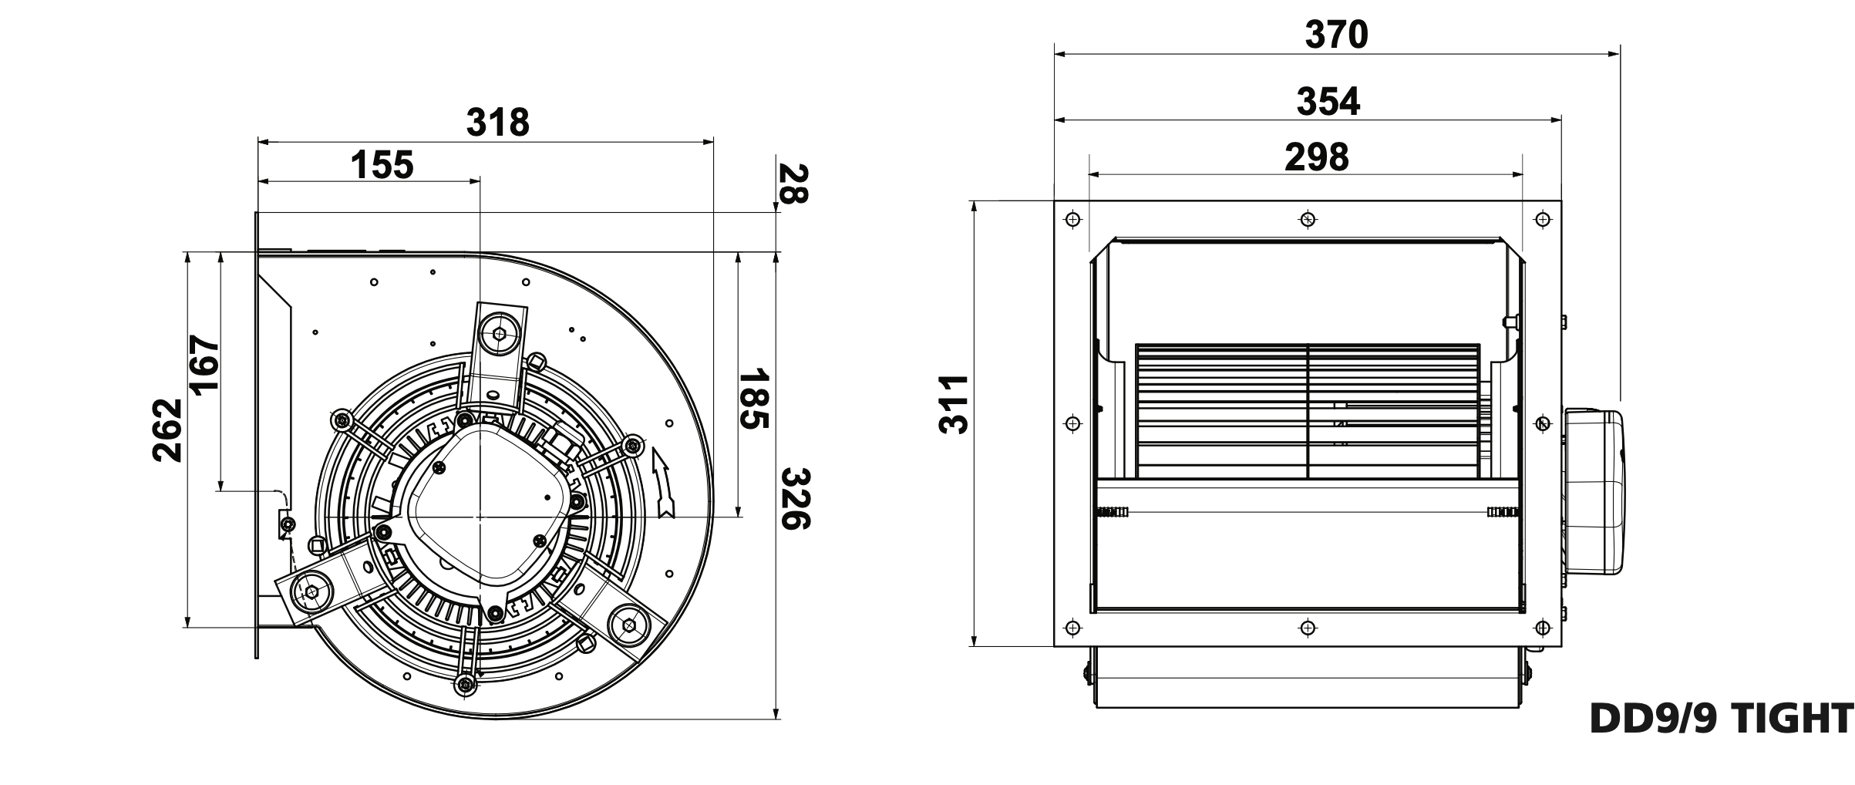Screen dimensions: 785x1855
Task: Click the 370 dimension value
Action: point(1336,35)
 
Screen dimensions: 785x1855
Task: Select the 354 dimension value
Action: point(1328,102)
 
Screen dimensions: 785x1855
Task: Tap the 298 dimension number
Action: point(1317,157)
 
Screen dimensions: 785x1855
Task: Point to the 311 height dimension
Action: point(954,405)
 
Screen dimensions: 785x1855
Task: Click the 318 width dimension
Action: point(498,123)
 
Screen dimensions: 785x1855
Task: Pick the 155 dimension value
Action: point(382,165)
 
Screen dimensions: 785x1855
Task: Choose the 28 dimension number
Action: point(793,184)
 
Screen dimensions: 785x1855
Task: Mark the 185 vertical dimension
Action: point(754,399)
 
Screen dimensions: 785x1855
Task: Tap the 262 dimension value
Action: point(168,430)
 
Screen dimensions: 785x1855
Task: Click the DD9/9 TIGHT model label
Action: point(1721,719)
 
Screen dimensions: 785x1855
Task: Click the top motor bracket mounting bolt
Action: point(500,334)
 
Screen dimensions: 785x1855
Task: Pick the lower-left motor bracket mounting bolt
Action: point(311,591)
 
